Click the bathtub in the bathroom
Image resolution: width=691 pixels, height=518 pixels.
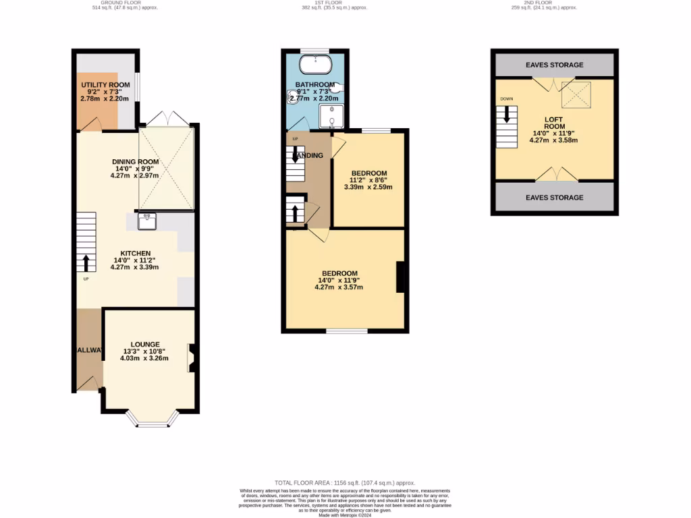point(314,65)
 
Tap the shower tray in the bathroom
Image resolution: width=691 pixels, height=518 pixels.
point(331,116)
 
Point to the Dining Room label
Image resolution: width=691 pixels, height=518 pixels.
point(135,162)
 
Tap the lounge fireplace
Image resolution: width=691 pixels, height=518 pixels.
point(192,358)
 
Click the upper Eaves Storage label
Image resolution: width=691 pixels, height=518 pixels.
point(555,65)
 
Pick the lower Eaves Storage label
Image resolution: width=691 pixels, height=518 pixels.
point(555,198)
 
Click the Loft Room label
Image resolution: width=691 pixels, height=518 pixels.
point(554,123)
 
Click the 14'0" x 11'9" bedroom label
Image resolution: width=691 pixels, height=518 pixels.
point(339,273)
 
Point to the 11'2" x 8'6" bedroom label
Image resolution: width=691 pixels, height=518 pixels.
point(369,173)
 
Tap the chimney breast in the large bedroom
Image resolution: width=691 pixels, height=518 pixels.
point(400,277)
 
